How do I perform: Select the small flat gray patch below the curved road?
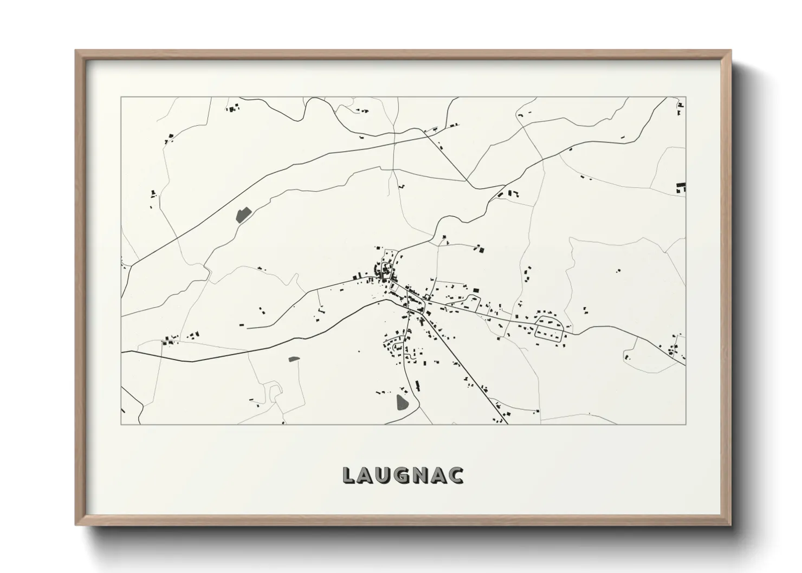pyautogui.click(x=294, y=359)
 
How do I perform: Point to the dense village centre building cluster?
pyautogui.click(x=386, y=271)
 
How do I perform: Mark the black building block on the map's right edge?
pyautogui.click(x=681, y=187)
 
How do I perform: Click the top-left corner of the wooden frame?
pyautogui.click(x=76, y=51)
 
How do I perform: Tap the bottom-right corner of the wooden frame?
pyautogui.click(x=730, y=525)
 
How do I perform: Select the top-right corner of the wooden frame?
pyautogui.click(x=730, y=51)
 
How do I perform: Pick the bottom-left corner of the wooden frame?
pyautogui.click(x=76, y=525)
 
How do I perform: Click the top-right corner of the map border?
pyautogui.click(x=685, y=97)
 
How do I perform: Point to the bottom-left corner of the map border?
pyautogui.click(x=121, y=424)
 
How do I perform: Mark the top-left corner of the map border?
pyautogui.click(x=121, y=97)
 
